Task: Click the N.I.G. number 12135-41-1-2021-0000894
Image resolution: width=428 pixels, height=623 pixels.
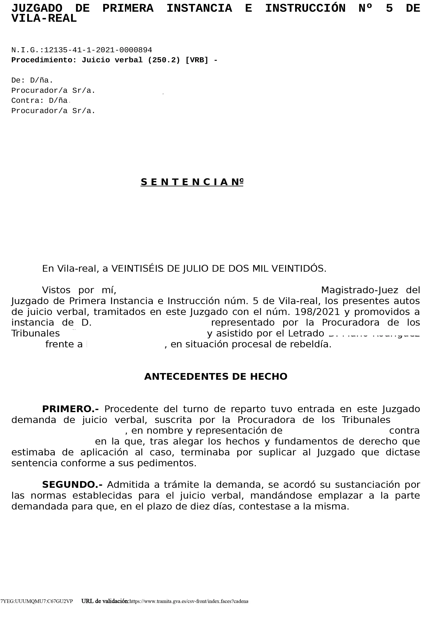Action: [x=98, y=50]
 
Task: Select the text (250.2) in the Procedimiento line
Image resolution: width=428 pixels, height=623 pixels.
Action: [x=164, y=60]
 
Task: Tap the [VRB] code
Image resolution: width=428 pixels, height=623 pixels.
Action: [x=197, y=60]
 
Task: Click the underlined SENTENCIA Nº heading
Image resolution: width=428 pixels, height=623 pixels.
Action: [x=192, y=182]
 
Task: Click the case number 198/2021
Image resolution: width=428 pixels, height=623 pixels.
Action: [x=317, y=312]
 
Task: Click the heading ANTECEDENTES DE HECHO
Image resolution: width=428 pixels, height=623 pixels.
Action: [x=216, y=377]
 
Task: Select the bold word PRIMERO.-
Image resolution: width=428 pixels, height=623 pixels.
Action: [x=70, y=409]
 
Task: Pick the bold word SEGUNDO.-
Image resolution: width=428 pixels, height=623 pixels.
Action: [x=72, y=485]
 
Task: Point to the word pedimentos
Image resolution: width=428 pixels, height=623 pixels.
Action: [x=167, y=463]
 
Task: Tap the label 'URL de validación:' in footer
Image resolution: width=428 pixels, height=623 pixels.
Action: [x=105, y=601]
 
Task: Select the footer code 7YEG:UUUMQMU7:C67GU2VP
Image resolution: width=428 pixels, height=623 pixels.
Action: [x=37, y=601]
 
